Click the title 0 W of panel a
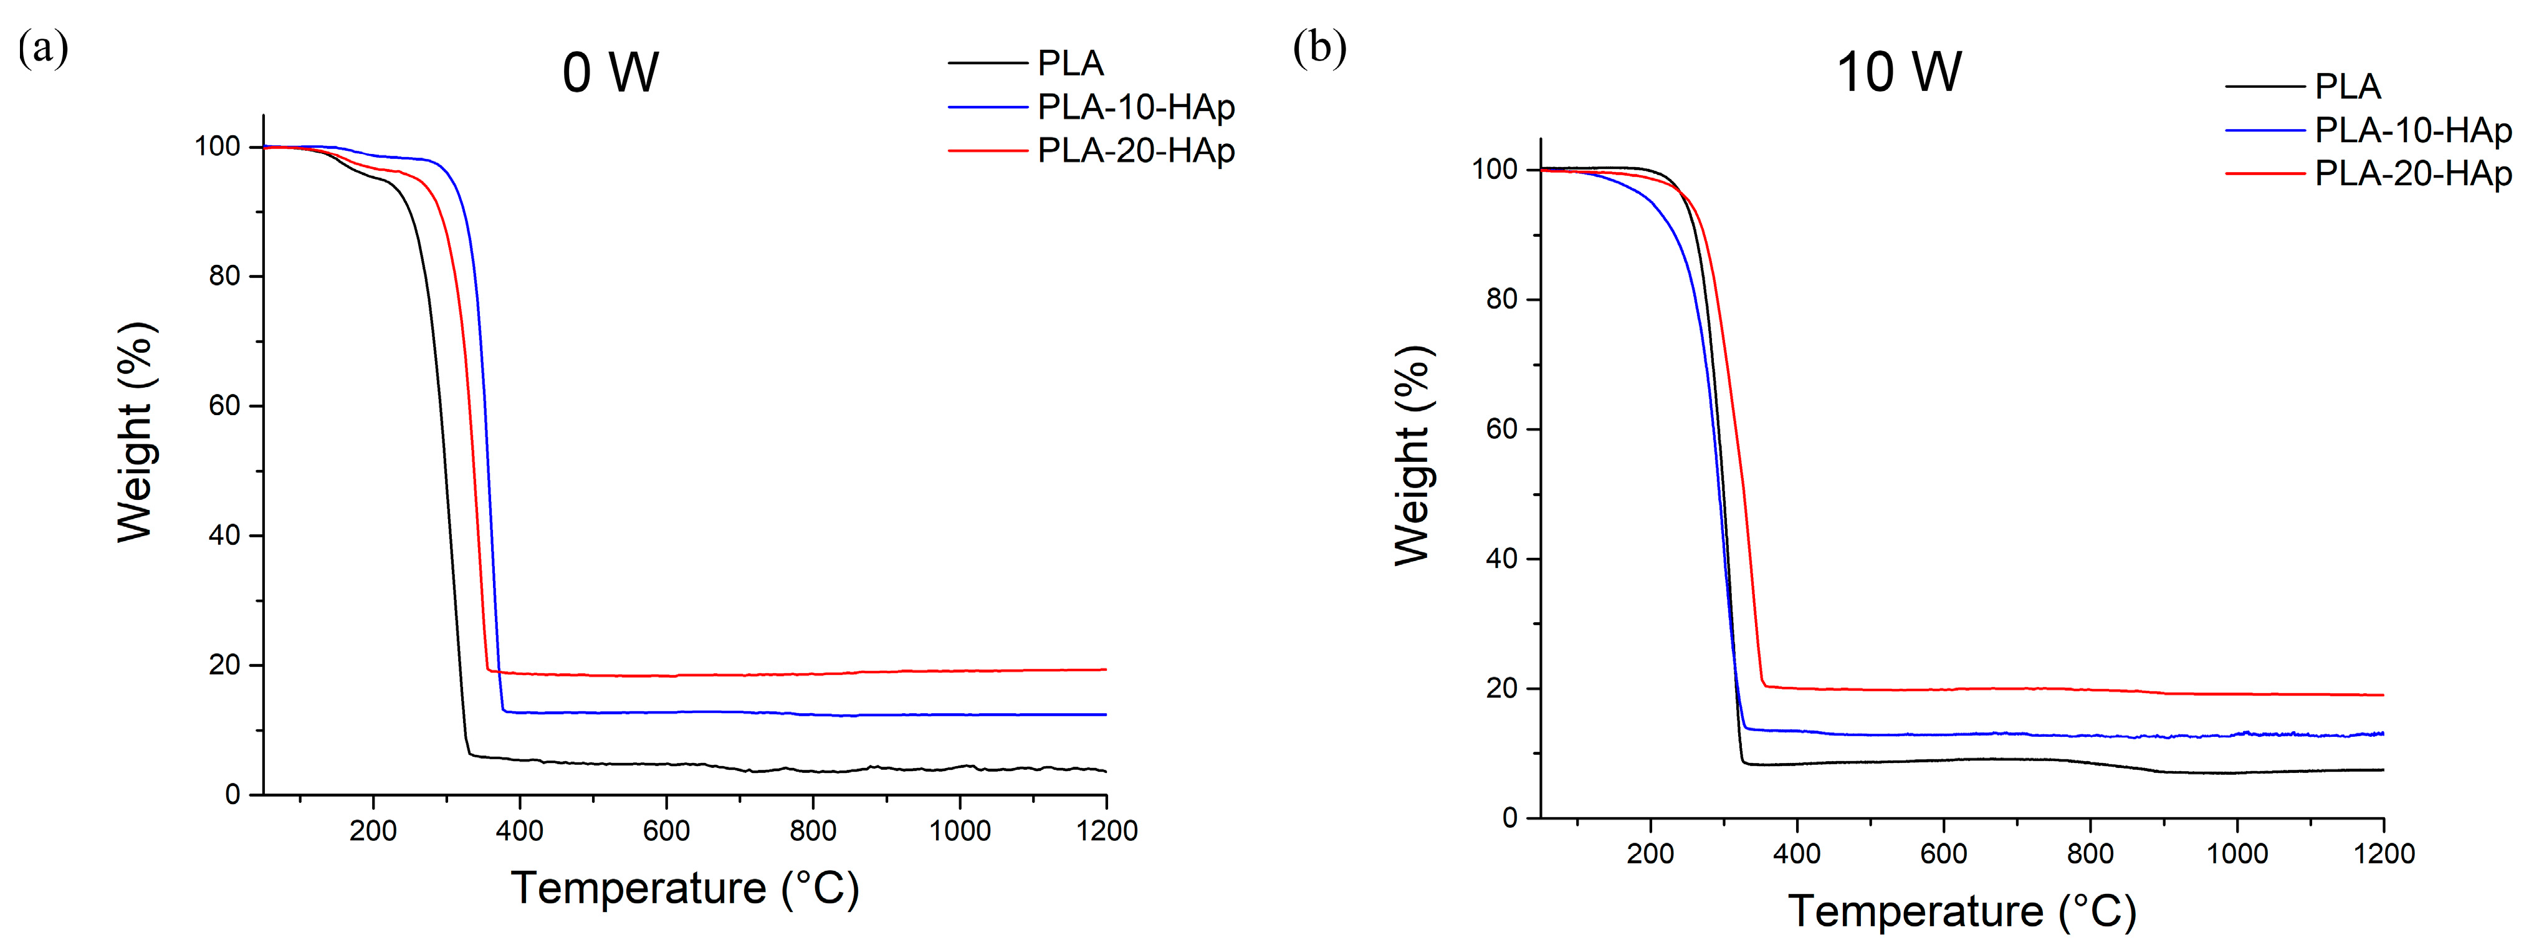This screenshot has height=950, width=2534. pos(610,73)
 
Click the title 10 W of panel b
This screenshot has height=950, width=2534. pos(1898,73)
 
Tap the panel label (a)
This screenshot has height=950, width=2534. pos(42,47)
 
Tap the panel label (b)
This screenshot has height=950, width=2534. pos(1319,47)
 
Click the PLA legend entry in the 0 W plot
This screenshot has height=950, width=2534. pos(1070,64)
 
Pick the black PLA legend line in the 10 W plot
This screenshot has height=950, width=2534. pos(2265,87)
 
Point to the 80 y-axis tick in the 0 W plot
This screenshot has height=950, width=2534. pos(224,276)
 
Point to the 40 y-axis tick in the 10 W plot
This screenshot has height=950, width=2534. pos(1501,559)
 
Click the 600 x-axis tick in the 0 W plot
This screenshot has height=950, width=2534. pos(666,831)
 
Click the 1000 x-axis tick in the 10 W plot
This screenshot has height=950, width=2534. pos(2237,853)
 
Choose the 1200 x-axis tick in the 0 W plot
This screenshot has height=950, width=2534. pos(1107,831)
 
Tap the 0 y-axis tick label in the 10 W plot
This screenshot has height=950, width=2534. pos(1510,818)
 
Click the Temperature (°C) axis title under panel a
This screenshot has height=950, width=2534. pos(685,889)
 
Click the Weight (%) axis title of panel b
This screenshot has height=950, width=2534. pos(1413,455)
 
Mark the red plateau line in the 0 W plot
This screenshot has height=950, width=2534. pos(787,674)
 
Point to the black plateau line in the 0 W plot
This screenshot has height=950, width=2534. pos(787,769)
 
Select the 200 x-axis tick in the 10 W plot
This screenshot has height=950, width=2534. pos(1650,853)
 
